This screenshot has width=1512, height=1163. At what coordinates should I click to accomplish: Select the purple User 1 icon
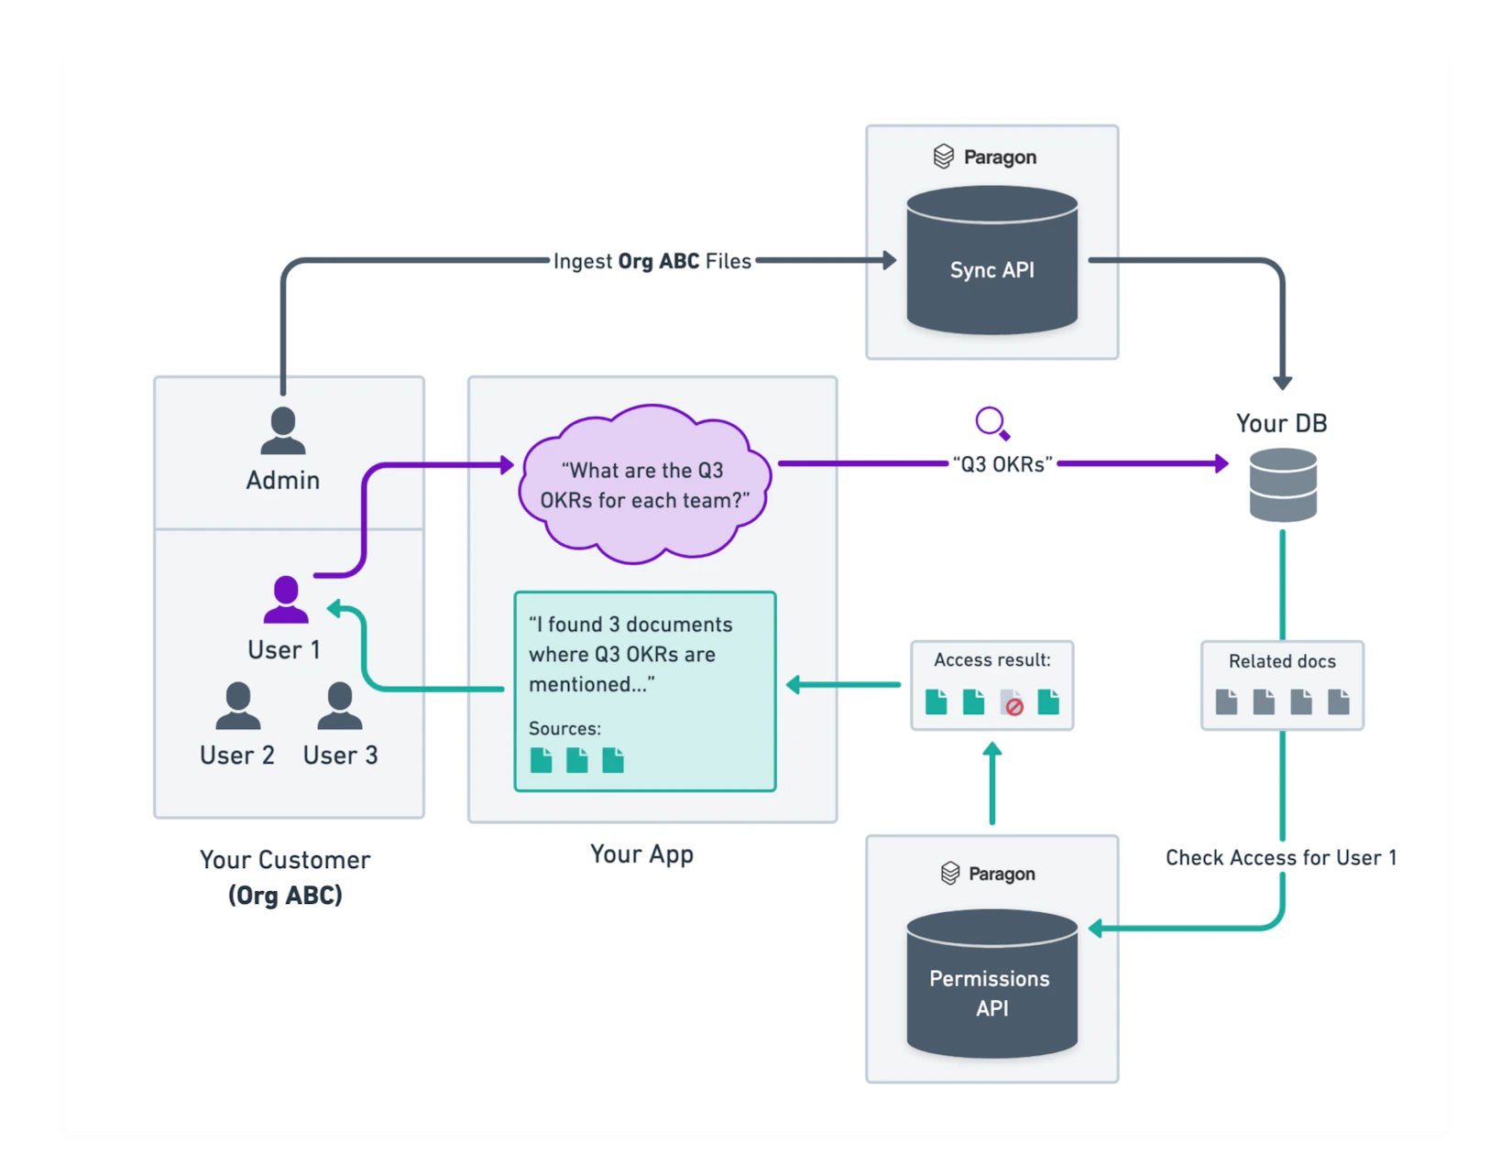click(286, 600)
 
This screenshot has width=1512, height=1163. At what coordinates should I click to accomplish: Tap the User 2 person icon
click(238, 706)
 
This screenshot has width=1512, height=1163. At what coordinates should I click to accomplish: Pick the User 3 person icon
click(340, 706)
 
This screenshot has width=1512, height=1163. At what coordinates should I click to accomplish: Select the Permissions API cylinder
click(992, 984)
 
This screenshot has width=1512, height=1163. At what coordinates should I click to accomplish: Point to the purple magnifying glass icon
click(992, 424)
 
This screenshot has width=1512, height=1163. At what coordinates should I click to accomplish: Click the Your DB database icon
click(1283, 485)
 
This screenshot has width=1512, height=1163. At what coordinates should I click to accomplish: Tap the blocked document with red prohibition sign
click(1012, 703)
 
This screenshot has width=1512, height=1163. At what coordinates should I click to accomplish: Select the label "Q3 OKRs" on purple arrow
click(1003, 465)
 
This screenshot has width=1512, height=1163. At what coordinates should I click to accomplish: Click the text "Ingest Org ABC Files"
click(652, 262)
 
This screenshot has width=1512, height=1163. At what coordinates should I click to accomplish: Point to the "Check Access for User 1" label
click(1280, 858)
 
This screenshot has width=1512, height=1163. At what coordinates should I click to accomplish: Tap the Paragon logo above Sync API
click(944, 157)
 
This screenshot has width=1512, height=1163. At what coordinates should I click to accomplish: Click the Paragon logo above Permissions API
click(950, 874)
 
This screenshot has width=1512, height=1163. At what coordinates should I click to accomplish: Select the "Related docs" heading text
click(1282, 661)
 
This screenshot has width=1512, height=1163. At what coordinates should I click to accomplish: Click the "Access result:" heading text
click(992, 660)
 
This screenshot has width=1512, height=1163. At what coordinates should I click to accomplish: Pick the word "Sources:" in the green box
click(564, 729)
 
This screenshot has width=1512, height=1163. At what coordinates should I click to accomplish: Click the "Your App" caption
click(641, 854)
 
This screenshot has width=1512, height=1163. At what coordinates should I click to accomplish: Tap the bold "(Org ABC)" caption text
click(285, 896)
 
